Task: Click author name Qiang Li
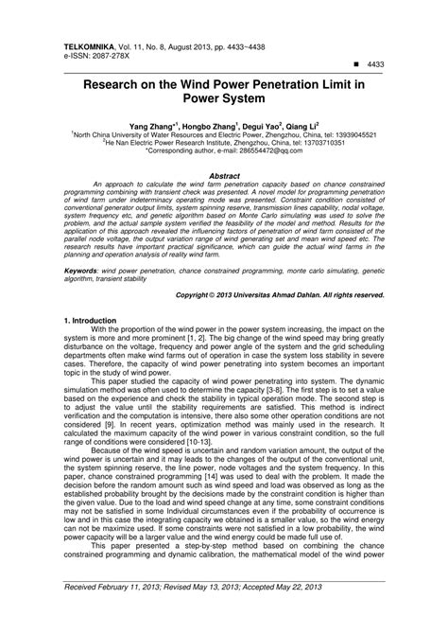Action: tap(304, 124)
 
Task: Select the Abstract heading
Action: tap(223, 176)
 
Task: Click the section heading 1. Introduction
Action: tap(95, 322)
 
